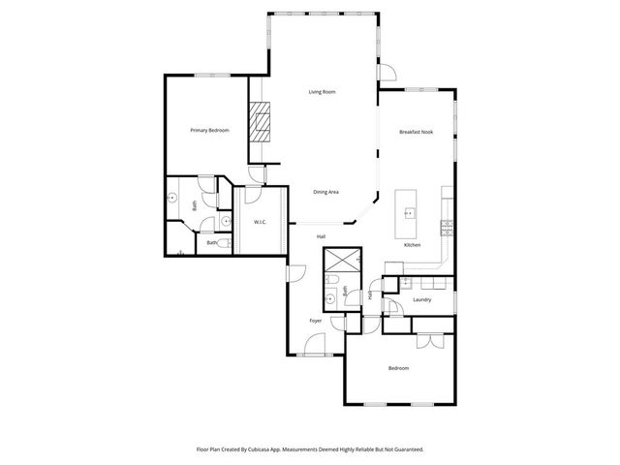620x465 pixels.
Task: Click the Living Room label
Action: (323, 92)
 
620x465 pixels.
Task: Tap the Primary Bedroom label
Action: (209, 130)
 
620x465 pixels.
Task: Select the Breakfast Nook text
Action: (415, 131)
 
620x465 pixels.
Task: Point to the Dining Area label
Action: (325, 192)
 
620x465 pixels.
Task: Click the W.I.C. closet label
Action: (260, 223)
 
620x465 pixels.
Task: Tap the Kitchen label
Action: (412, 244)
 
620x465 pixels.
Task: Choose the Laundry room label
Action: (421, 299)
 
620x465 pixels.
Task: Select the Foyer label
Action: (315, 321)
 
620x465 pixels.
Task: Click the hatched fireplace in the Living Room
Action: (259, 122)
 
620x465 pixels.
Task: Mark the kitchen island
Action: (408, 214)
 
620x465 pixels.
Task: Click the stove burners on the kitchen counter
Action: (447, 229)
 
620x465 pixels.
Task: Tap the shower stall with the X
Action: (341, 262)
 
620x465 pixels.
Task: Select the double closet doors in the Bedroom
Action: (429, 341)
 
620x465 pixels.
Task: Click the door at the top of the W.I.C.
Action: (250, 192)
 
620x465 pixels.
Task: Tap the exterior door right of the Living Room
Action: (387, 72)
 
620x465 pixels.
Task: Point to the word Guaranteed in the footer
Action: (405, 449)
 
